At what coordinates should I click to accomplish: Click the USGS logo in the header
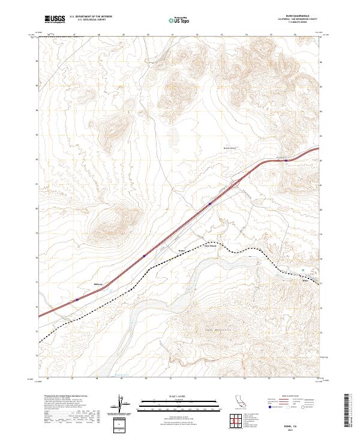[54, 20]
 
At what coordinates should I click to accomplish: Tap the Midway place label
[98, 284]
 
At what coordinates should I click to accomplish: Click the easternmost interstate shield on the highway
[286, 160]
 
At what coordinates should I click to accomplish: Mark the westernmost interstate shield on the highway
[77, 299]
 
